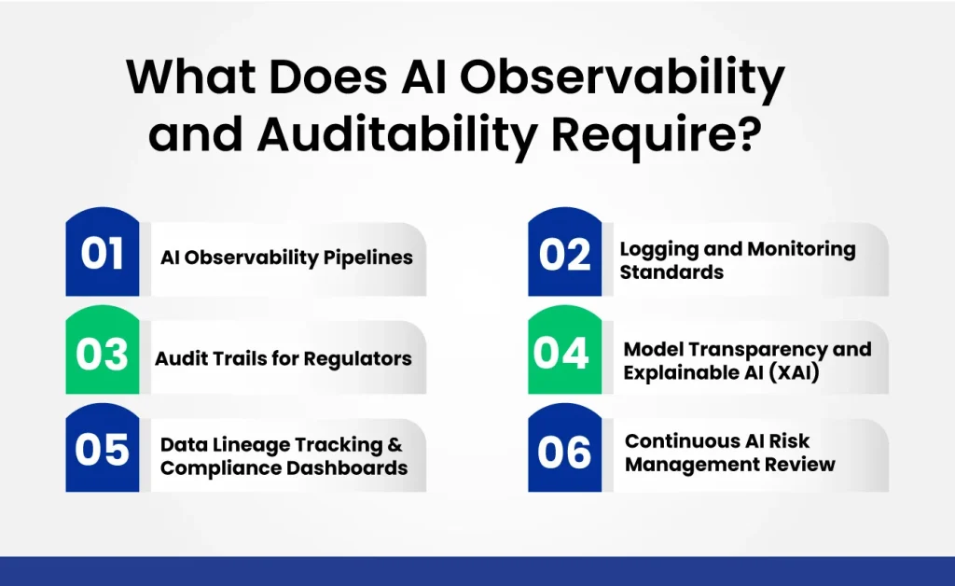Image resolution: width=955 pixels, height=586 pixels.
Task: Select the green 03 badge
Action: click(103, 355)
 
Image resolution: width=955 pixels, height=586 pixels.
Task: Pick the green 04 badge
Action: click(564, 355)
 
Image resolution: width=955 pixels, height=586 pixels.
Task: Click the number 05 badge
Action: click(103, 452)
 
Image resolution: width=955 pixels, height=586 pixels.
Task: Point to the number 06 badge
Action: click(564, 452)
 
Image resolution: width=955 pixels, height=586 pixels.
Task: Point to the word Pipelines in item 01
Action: click(367, 258)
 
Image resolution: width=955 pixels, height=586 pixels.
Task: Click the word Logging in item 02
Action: click(657, 249)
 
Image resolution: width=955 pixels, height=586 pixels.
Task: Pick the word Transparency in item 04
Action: click(761, 349)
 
